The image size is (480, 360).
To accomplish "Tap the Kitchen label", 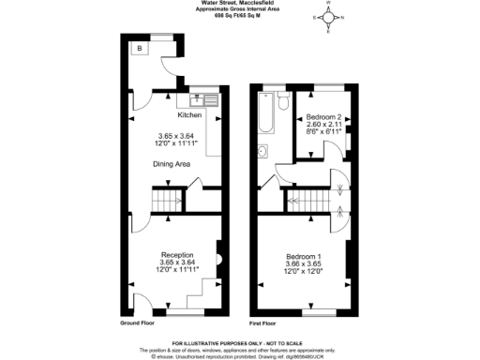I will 190,115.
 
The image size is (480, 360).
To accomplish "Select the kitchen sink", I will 201,97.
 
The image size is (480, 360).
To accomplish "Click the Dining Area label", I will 172,163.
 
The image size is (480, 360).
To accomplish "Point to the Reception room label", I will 176,254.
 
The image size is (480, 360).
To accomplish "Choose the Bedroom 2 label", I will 322,117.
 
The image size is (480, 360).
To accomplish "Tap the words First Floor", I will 268,322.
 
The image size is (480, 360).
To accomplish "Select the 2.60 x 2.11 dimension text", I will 322,125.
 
